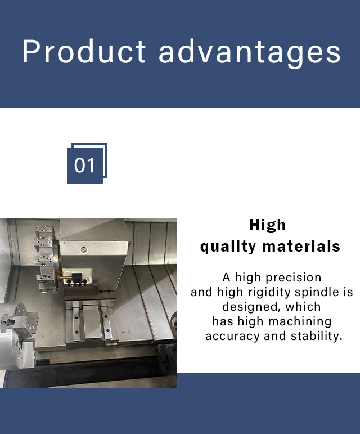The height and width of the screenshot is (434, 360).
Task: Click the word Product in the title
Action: (x=84, y=51)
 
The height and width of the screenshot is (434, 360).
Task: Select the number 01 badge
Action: (x=87, y=163)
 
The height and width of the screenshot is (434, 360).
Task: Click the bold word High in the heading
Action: (x=267, y=225)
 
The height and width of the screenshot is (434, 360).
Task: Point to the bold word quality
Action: (x=228, y=247)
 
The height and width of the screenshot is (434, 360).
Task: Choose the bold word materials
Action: (x=301, y=246)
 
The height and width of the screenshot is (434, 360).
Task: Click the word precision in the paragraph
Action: (x=294, y=278)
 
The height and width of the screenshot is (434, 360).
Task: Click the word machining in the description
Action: (x=300, y=322)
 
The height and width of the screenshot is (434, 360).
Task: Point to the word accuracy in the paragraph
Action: (x=233, y=337)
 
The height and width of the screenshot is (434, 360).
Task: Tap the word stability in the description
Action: (x=316, y=336)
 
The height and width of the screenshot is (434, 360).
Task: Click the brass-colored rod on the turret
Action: (x=66, y=278)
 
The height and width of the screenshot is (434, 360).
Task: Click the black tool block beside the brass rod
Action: (x=77, y=276)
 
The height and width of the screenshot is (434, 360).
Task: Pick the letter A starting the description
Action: (x=226, y=278)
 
